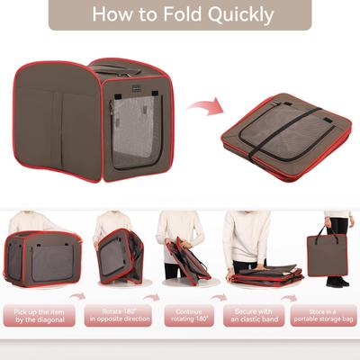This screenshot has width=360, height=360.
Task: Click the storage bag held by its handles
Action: [328, 256]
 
